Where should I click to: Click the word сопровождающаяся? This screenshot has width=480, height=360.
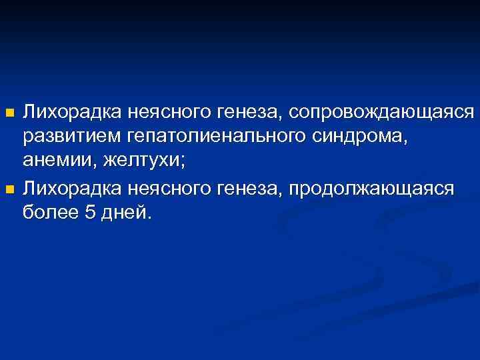[382, 111]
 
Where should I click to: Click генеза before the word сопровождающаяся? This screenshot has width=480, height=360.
[251, 111]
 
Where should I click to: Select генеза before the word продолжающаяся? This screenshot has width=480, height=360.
[251, 190]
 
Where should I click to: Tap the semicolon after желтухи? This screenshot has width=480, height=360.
[183, 164]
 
